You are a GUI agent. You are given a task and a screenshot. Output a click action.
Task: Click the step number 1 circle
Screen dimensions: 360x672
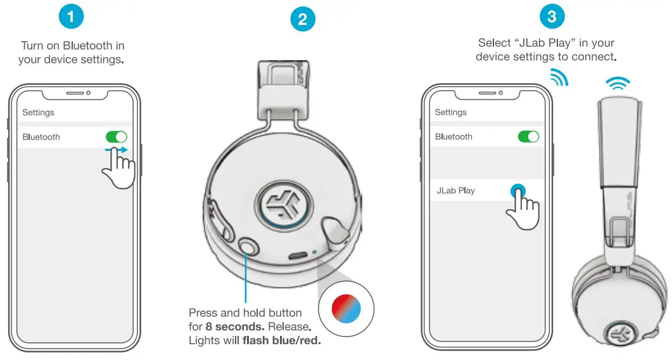[70, 16]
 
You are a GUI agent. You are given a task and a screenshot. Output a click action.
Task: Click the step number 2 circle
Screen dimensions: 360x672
[302, 19]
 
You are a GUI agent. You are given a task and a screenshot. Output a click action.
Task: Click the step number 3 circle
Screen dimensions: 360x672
[552, 16]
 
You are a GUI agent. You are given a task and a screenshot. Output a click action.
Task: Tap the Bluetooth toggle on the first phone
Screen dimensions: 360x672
[117, 137]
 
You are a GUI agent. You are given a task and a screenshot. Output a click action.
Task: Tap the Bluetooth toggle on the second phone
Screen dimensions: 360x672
[528, 136]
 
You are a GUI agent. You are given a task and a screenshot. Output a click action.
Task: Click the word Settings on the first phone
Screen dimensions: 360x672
[38, 112]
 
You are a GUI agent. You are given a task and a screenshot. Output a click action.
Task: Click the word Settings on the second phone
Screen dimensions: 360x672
[450, 112]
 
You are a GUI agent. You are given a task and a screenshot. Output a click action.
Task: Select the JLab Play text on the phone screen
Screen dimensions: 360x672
[455, 190]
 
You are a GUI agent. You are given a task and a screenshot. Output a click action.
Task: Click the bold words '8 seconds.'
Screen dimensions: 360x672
[232, 327]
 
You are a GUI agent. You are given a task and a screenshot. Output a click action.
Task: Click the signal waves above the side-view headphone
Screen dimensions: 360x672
[618, 82]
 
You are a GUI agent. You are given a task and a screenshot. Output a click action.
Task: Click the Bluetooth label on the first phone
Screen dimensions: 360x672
[41, 137]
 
